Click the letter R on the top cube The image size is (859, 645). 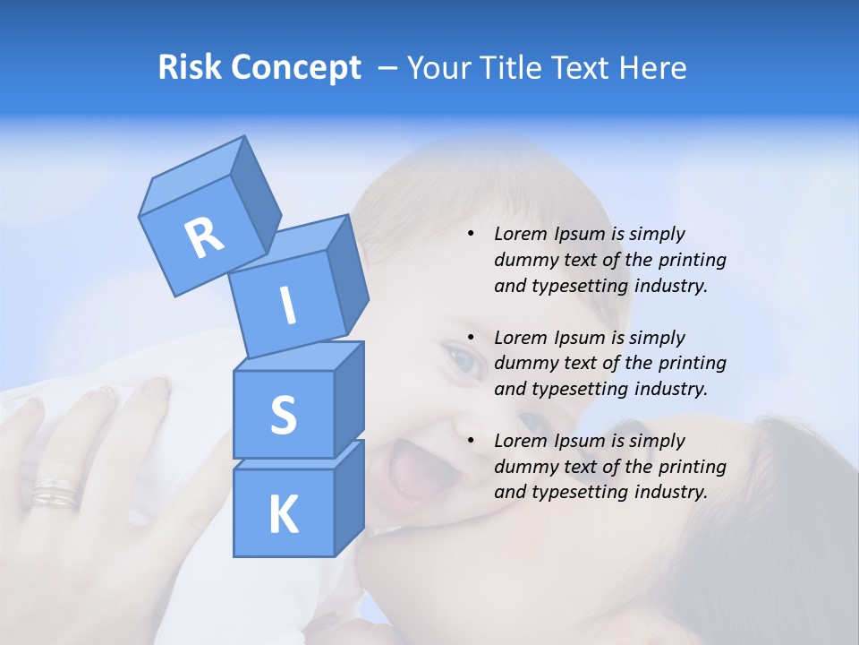[x=205, y=238]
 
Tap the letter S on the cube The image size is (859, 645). [x=283, y=415]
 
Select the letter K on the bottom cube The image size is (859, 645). [x=283, y=514]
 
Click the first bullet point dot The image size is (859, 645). [x=471, y=235]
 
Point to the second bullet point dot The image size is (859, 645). [x=471, y=339]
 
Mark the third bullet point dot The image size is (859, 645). [x=471, y=442]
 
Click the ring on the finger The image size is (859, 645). [x=56, y=493]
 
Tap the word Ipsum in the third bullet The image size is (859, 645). [x=579, y=441]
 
